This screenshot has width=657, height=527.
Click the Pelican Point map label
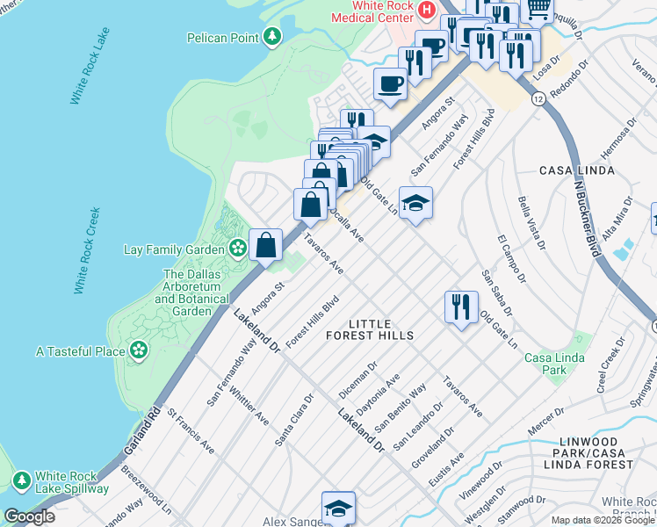coord(222,38)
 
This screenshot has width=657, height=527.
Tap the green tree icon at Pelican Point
coord(273,36)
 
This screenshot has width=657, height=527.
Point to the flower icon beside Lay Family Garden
coord(237,249)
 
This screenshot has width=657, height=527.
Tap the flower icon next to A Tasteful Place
coord(138,351)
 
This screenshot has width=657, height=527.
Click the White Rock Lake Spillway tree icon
coord(21,480)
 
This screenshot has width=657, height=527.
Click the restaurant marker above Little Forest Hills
coord(461,307)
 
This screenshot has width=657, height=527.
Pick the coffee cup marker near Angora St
coord(390,84)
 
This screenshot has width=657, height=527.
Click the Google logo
coord(29,516)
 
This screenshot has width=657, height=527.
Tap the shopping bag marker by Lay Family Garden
coord(265,246)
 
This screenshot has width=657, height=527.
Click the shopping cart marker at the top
coord(537,9)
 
